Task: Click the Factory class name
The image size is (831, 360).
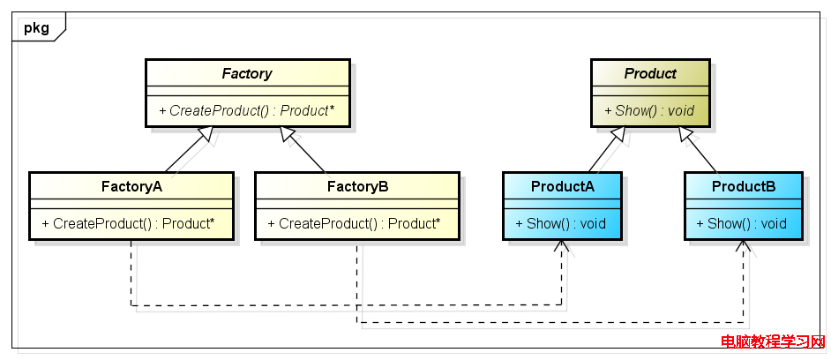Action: (x=247, y=73)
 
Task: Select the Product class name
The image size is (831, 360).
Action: (x=650, y=73)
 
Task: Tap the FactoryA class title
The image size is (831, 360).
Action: (x=132, y=187)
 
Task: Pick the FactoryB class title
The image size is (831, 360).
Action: (x=358, y=187)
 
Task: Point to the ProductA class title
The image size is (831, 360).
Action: (x=563, y=187)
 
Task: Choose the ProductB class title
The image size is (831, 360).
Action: (x=744, y=187)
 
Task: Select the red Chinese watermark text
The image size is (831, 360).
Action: (x=775, y=342)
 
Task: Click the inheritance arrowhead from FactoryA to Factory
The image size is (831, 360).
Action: (x=206, y=134)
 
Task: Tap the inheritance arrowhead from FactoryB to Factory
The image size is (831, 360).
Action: (x=288, y=134)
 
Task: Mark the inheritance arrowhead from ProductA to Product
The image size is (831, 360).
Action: (x=619, y=134)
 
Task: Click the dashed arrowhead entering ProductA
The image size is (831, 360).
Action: (x=562, y=245)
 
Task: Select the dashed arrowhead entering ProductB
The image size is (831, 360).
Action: (x=743, y=245)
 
